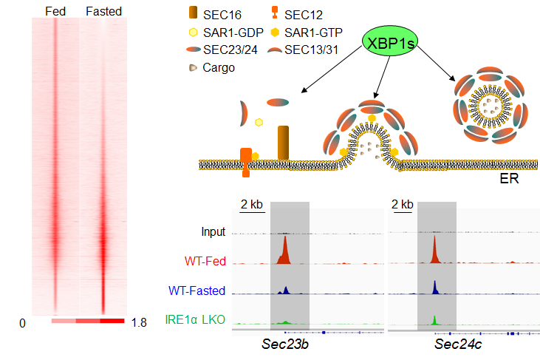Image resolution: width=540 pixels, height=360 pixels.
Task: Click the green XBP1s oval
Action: pos(389,44)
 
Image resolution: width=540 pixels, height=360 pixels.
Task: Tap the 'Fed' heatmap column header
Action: pos(55,11)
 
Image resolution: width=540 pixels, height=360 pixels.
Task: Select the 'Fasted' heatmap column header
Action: pos(103,11)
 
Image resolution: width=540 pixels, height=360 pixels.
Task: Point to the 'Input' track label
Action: pos(213,232)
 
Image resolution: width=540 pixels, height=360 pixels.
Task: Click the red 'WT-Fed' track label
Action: pos(205,260)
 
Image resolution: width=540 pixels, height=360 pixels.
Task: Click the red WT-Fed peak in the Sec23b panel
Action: pos(284,252)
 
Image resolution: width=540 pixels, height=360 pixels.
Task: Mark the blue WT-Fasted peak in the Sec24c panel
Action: pos(434,287)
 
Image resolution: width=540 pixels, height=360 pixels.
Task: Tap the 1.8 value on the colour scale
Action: pos(139,323)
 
